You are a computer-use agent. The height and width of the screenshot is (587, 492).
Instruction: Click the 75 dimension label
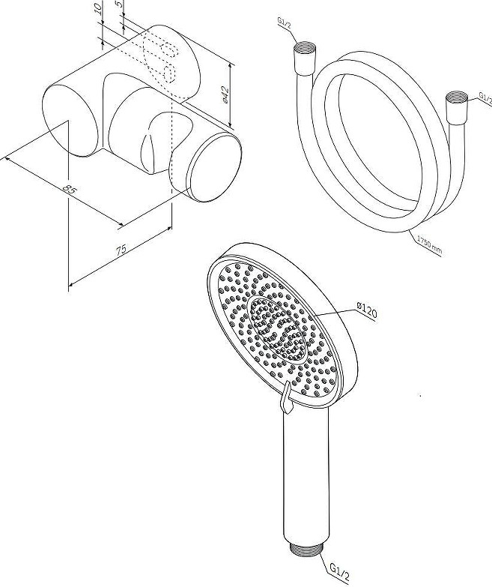121,250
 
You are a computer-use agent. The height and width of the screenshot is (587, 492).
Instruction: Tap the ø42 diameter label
225,94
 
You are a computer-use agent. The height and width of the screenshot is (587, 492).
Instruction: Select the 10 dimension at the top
98,8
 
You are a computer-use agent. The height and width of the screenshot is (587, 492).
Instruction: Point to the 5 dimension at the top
118,4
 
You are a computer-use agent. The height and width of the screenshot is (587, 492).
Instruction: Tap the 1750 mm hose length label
430,244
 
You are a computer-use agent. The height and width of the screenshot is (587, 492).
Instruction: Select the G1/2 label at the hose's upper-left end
284,22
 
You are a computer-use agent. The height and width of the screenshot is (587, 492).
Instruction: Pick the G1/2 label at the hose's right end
485,98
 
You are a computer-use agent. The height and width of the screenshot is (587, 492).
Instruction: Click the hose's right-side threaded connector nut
455,106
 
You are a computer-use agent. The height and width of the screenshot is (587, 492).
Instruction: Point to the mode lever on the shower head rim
286,397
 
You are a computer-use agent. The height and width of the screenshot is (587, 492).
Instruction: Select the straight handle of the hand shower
306,475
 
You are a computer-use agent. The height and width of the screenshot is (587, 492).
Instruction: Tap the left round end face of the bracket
70,120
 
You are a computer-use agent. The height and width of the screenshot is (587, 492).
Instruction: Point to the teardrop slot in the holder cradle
148,149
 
